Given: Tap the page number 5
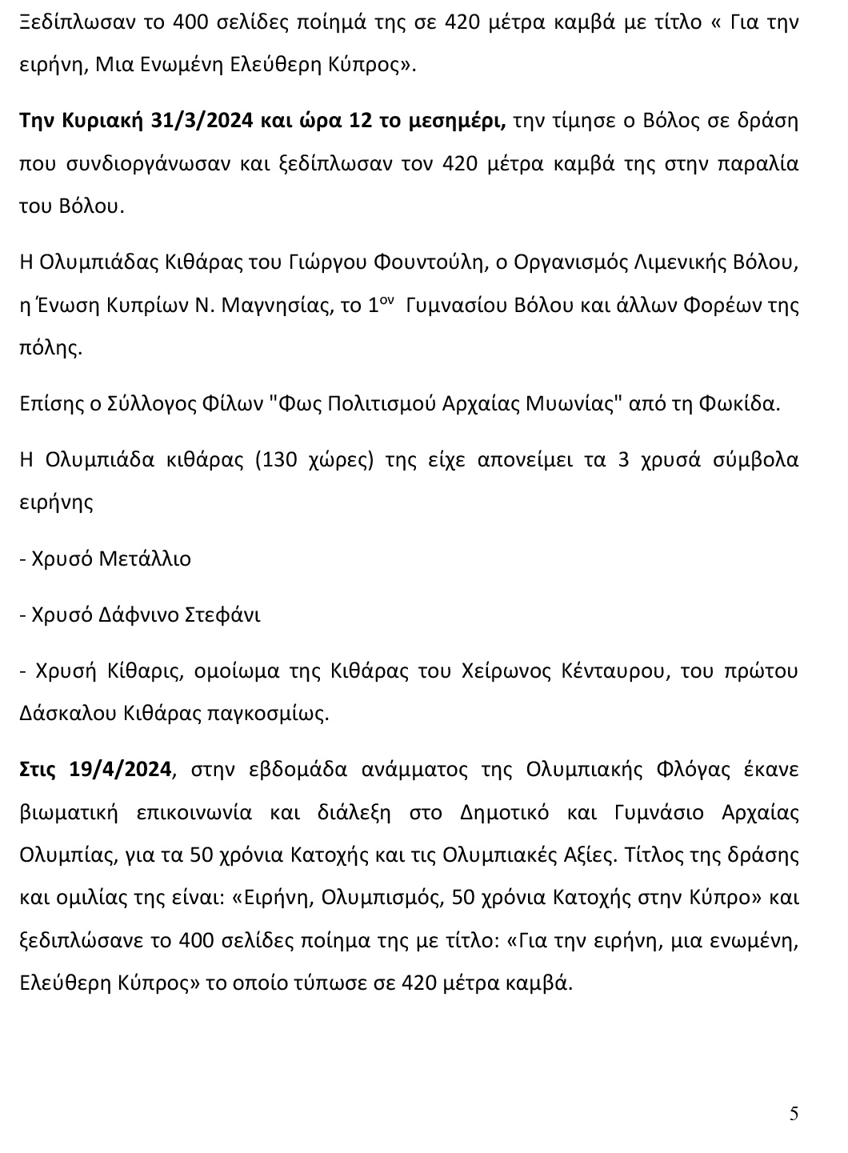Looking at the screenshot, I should pos(794,1113).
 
